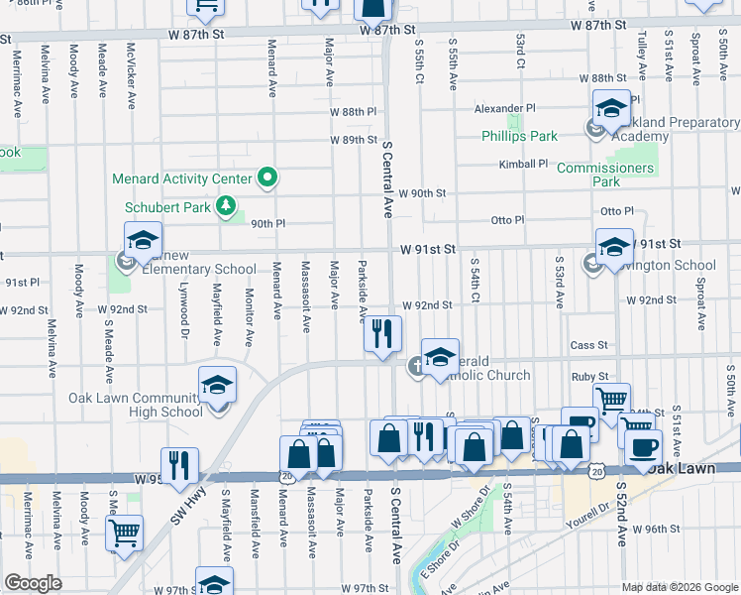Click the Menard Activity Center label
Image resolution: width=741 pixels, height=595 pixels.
pos(182,179)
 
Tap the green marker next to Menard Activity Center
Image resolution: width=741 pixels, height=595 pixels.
pos(266,179)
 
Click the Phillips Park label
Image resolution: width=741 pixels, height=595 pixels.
pos(519,136)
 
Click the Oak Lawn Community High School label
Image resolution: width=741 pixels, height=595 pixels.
pos(135,405)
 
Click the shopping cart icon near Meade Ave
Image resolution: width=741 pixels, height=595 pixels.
pos(124,532)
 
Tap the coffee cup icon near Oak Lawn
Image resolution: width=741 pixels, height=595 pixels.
pos(643,446)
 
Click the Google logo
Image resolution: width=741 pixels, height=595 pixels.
pos(34,583)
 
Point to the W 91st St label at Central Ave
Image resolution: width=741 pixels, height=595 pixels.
pos(427,249)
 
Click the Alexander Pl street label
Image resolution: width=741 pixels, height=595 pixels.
pos(503,108)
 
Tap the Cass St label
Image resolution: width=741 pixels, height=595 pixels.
pos(588,345)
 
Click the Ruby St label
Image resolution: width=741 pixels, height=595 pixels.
pos(588,377)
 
